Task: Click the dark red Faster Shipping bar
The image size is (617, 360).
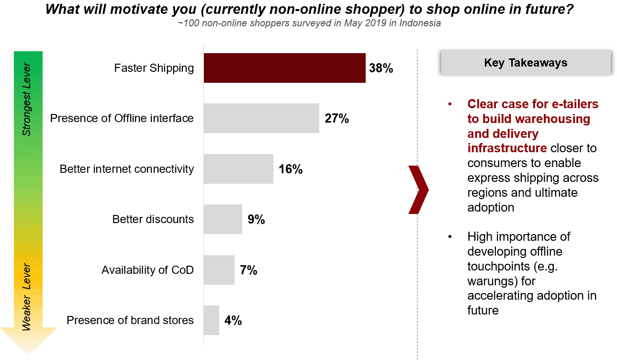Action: (284, 68)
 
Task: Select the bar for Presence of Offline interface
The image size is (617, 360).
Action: (261, 118)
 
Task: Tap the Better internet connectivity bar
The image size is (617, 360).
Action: (238, 169)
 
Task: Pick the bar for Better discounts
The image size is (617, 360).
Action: (223, 219)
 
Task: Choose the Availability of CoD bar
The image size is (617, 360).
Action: (219, 270)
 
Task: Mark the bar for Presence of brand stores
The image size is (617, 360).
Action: (211, 320)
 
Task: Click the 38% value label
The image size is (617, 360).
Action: (381, 68)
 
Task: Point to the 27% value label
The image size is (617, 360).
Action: (337, 119)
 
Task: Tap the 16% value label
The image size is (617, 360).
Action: (291, 169)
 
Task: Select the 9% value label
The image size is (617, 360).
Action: (256, 220)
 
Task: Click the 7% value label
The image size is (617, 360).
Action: (248, 270)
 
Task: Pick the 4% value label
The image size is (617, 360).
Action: (233, 321)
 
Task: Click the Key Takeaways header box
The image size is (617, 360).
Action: (526, 63)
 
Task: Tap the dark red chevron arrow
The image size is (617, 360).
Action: (418, 189)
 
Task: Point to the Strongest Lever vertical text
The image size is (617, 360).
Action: (27, 99)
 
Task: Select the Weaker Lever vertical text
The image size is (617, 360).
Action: (27, 297)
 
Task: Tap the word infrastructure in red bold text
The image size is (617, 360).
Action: (507, 148)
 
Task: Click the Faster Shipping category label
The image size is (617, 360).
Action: (154, 68)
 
